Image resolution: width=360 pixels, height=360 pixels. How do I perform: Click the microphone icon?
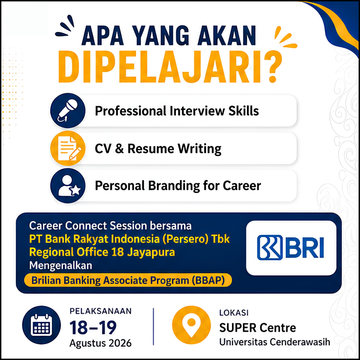[x=68, y=110]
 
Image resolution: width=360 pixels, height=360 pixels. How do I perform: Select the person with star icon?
[x=68, y=186]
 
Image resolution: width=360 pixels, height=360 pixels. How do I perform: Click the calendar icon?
[x=41, y=325]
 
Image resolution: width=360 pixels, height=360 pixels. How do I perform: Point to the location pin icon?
[x=191, y=325]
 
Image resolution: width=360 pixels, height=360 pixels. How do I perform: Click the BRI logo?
[x=290, y=247]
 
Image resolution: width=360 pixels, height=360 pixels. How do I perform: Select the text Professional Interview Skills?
[x=177, y=111]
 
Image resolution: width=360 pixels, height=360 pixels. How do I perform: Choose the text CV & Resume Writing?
[x=158, y=149]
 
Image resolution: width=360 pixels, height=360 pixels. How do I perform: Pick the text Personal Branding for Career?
[x=178, y=186]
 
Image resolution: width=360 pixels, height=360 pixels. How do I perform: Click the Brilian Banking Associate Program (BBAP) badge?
[x=128, y=280]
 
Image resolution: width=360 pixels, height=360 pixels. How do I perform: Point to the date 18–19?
[x=93, y=328]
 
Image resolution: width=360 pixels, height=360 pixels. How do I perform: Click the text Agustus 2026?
[x=101, y=343]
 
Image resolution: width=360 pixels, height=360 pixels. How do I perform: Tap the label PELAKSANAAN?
[x=101, y=311]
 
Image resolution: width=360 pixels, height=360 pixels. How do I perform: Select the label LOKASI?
[x=234, y=313]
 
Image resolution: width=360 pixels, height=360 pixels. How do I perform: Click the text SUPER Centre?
[x=258, y=328]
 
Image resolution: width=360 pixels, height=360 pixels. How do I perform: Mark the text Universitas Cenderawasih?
[x=275, y=342]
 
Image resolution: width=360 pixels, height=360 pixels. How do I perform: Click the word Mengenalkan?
[x=60, y=266]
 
